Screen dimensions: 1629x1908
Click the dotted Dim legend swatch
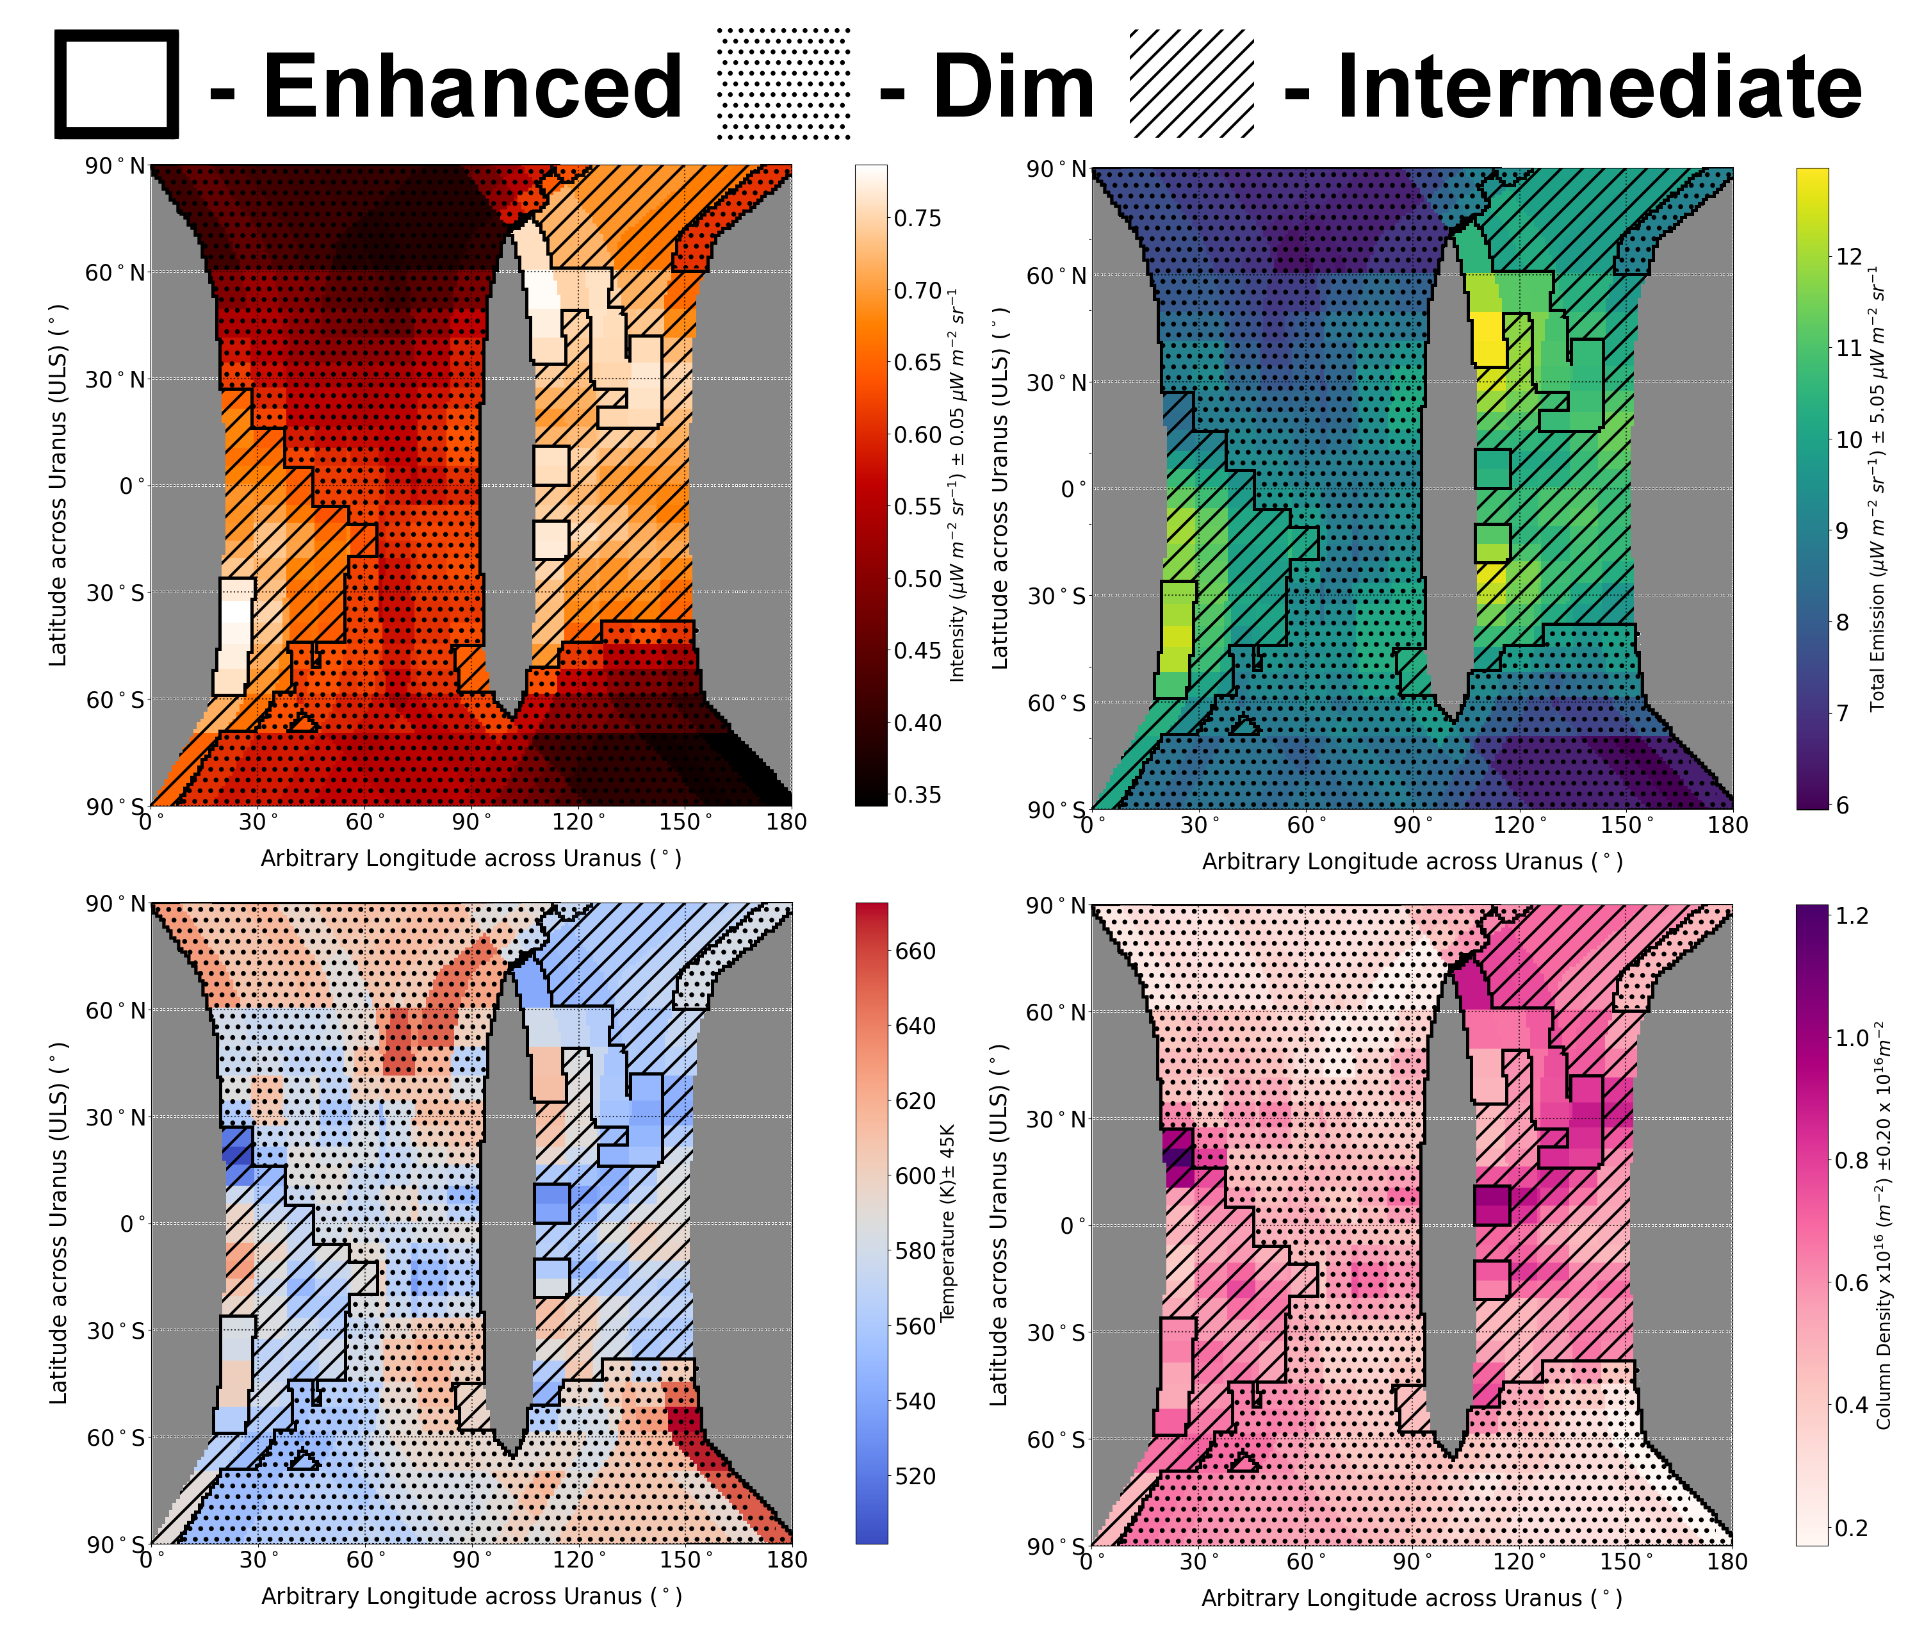[x=784, y=84]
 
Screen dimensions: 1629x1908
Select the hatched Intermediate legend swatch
[x=1191, y=84]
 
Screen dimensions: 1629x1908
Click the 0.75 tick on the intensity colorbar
[x=917, y=218]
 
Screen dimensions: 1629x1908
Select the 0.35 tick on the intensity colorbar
[x=917, y=794]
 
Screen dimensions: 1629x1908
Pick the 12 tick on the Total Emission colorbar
[x=1849, y=257]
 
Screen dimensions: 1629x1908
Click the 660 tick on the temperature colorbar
[x=915, y=951]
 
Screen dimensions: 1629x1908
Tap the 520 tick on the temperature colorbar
[x=915, y=1476]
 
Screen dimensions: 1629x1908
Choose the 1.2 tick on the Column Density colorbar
[x=1852, y=915]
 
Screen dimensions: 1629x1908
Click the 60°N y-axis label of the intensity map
[x=115, y=273]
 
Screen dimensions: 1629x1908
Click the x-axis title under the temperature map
[x=471, y=1596]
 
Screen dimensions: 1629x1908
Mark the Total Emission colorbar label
[x=1878, y=488]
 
